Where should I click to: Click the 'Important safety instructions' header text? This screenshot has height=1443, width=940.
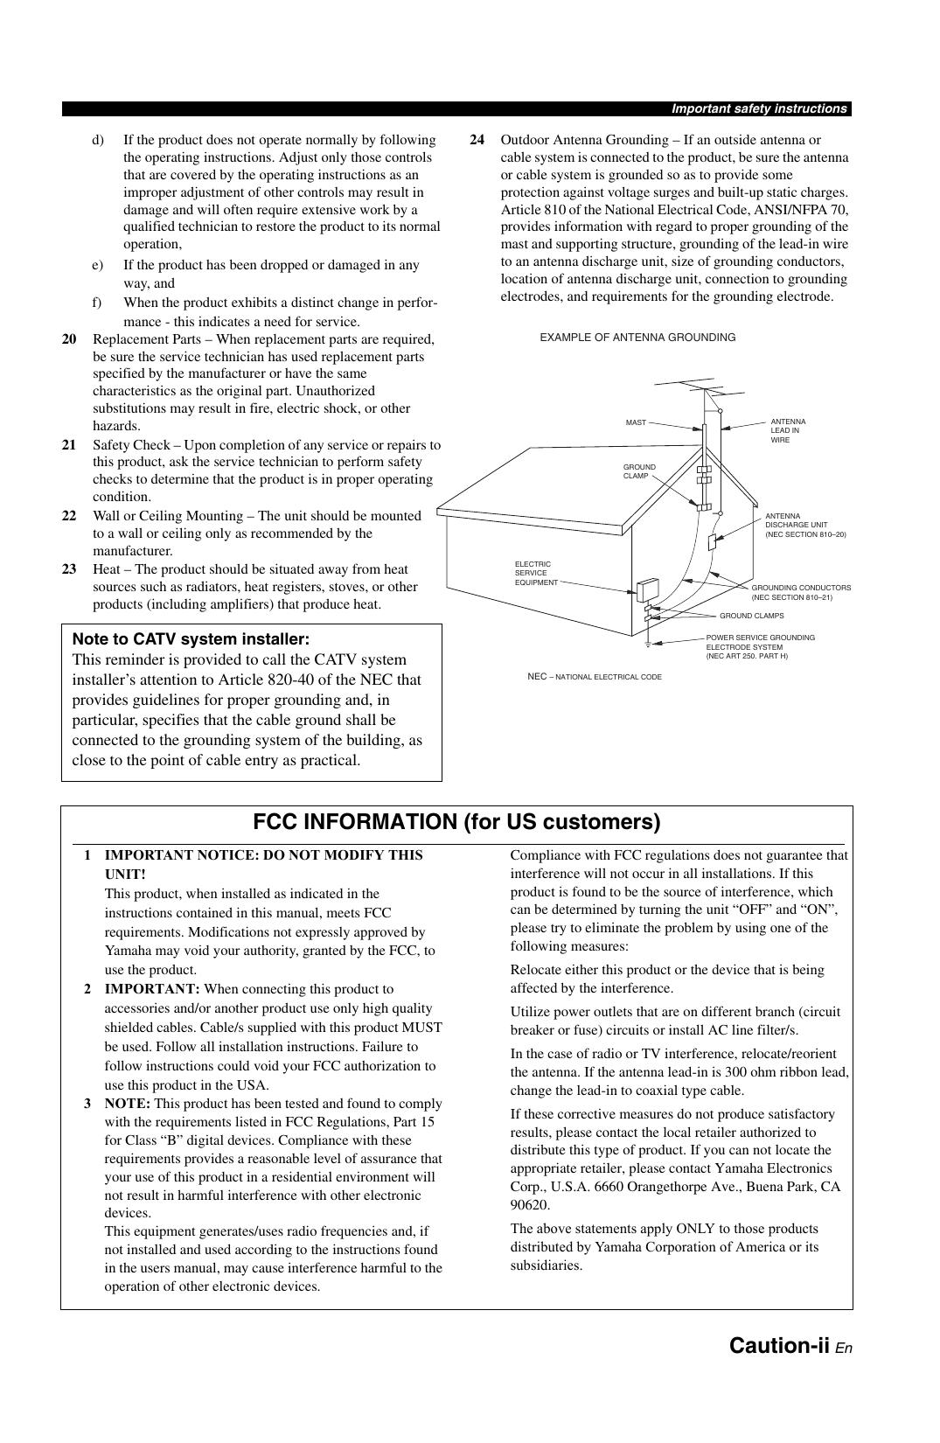758,109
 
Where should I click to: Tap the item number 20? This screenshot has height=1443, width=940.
69,339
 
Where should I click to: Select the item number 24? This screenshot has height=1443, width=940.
477,140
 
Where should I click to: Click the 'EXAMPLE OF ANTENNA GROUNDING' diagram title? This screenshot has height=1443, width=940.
637,338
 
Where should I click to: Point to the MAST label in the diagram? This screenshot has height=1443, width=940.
636,422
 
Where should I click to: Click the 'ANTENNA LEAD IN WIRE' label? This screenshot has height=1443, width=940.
788,430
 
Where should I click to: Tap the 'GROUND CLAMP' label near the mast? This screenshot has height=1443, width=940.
639,471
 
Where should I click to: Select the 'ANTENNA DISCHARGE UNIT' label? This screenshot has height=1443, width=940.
804,525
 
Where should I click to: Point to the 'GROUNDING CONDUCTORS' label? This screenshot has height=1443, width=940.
800,592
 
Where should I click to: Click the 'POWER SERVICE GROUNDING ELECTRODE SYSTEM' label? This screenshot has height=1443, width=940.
759,646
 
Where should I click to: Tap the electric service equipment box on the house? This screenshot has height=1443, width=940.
648,590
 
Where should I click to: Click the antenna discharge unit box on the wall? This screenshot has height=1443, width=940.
713,541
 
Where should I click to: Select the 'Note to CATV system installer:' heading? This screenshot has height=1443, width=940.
191,639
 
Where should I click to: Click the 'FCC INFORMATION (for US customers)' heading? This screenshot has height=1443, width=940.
456,822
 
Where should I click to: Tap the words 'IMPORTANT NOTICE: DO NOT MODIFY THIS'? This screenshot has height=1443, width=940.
263,855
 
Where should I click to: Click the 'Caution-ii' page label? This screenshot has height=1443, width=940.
778,1345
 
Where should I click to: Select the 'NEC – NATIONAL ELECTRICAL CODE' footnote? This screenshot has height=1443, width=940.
595,677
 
